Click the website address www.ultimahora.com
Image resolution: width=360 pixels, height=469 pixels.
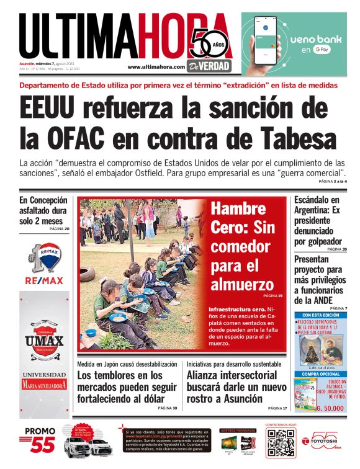pos(156,67)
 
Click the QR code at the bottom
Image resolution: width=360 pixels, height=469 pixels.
pos(279,445)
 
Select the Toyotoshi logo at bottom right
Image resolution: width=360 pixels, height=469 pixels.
pos(325,442)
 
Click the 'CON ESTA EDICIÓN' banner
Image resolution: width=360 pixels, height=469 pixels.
pos(320,315)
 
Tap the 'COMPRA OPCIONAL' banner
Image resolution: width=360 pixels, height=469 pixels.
pos(320,374)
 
